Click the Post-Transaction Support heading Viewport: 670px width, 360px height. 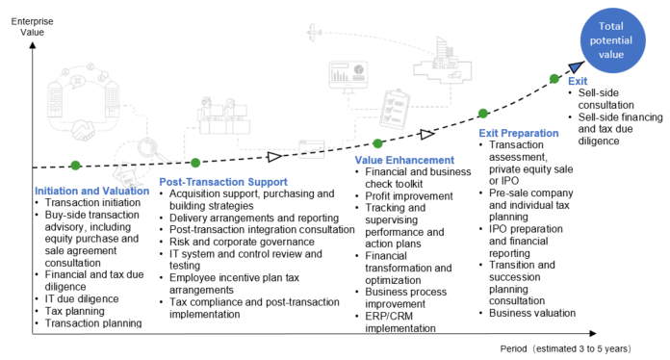pyautogui.click(x=222, y=182)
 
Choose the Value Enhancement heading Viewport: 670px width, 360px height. pyautogui.click(x=404, y=160)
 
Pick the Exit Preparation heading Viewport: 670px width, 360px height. pyautogui.click(x=518, y=132)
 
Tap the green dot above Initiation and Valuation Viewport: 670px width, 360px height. pyautogui.click(x=74, y=165)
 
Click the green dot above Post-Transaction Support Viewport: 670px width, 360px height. pyautogui.click(x=195, y=162)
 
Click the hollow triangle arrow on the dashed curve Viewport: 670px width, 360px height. pyautogui.click(x=274, y=156)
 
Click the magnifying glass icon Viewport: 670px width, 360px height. pyautogui.click(x=149, y=150)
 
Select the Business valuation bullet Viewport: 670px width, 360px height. pyautogui.click(x=531, y=312)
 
